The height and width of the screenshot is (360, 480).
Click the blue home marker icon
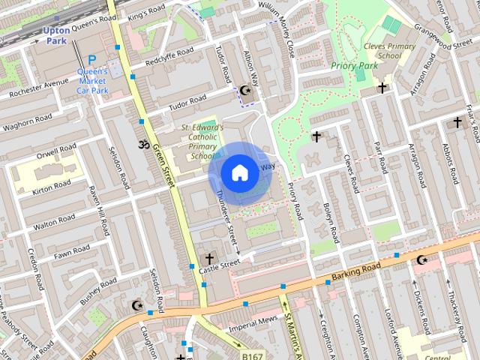point(239,172)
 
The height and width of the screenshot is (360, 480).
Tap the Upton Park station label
point(56,34)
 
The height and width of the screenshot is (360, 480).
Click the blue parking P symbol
point(92,60)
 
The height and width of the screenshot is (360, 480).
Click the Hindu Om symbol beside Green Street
point(142,143)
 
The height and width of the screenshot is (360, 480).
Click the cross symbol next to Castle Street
point(209,259)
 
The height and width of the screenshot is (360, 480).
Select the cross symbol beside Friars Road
point(457,121)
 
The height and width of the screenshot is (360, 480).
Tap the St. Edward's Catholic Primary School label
point(200,142)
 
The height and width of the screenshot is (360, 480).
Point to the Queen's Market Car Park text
point(93,81)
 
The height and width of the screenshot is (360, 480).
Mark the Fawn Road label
point(72,252)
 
